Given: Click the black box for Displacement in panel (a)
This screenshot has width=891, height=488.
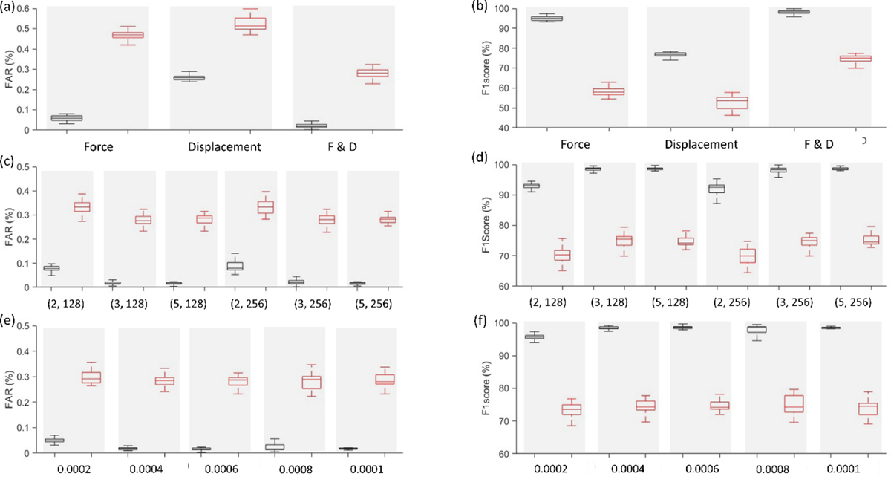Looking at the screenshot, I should (194, 77).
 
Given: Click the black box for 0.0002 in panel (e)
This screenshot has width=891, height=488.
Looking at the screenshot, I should (54, 440).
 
